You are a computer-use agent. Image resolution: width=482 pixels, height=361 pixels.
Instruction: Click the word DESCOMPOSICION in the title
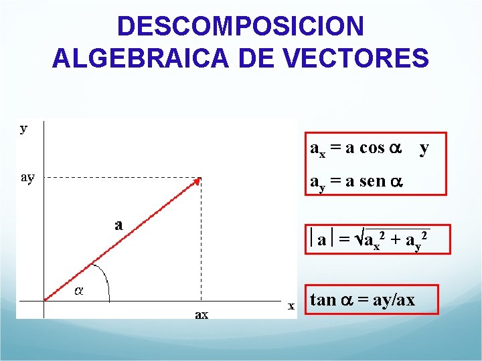click(x=240, y=26)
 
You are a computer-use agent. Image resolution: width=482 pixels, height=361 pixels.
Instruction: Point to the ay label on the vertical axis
click(x=27, y=177)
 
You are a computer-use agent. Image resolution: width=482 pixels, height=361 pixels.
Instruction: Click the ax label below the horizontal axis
click(x=202, y=314)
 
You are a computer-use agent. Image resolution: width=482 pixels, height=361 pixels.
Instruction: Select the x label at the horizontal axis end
click(x=292, y=306)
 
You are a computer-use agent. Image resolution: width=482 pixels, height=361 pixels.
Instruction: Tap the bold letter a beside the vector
click(x=118, y=224)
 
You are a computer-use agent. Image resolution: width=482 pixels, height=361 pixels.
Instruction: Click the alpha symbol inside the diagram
click(x=78, y=291)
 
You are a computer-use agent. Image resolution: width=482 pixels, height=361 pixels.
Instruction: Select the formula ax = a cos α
click(x=356, y=148)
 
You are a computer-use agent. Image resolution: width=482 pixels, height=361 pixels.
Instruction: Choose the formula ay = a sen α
click(x=356, y=180)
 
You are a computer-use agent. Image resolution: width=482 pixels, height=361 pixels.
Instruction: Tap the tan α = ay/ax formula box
click(x=372, y=299)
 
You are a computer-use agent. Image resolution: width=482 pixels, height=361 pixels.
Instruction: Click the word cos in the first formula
click(x=372, y=148)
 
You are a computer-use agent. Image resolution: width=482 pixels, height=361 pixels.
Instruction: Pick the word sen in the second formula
click(x=372, y=180)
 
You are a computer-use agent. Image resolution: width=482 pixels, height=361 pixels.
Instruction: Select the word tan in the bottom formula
click(x=323, y=299)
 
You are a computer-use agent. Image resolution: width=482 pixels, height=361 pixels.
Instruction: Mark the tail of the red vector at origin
click(x=46, y=299)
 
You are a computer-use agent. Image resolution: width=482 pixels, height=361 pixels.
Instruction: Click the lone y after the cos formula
click(x=424, y=148)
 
